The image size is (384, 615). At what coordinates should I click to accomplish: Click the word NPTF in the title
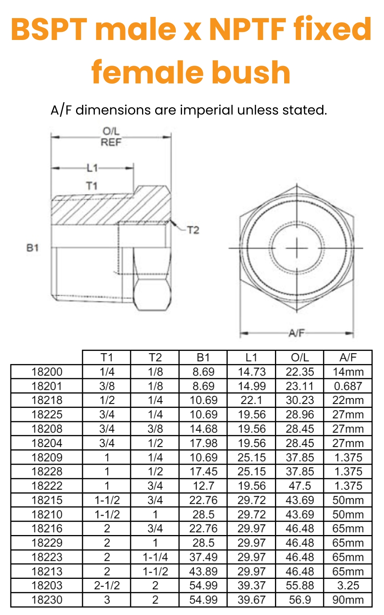pos(247,29)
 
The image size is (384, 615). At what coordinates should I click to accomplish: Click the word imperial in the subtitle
pos(207,110)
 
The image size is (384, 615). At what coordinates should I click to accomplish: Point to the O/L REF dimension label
pos(111,137)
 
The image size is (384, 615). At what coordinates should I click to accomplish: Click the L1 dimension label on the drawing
pos(92,168)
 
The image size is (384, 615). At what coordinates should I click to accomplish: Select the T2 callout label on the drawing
pos(193,230)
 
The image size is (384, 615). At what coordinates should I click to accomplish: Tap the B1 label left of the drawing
pos(33,248)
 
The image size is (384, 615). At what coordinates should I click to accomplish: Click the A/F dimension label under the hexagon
pos(296,333)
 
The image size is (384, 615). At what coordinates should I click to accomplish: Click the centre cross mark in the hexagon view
pos(297,248)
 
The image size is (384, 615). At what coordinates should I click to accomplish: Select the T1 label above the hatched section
pos(92,186)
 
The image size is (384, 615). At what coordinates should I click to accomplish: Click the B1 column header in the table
pos(203,357)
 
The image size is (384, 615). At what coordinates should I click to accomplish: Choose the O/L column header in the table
pos(300,357)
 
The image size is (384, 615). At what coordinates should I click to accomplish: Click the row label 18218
pos(47,400)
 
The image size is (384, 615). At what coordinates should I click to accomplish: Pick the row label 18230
pos(47,600)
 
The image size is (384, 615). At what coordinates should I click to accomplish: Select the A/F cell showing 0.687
pos(348,386)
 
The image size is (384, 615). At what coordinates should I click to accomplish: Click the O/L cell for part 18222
pos(300,486)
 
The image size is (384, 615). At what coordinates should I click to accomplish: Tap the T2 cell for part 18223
pos(155,557)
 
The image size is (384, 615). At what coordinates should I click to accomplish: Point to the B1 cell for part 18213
pos(203,571)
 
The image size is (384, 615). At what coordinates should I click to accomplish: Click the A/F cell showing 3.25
pos(348,585)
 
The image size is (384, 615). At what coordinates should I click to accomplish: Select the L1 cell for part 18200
pos(252,372)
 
